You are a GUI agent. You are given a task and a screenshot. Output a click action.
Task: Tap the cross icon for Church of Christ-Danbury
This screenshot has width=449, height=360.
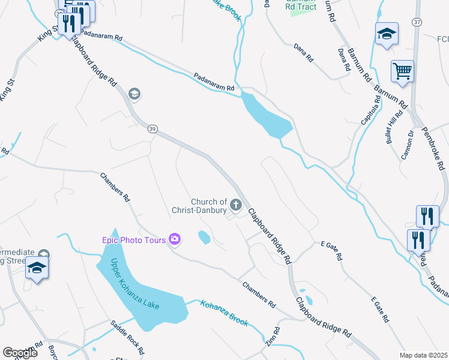point(236,206)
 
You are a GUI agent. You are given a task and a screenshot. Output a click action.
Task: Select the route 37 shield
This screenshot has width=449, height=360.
point(417,22)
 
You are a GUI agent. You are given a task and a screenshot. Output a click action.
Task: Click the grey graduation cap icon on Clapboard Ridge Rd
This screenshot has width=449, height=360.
point(134,94)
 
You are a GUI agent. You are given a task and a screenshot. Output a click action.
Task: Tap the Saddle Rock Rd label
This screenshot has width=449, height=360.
point(128,337)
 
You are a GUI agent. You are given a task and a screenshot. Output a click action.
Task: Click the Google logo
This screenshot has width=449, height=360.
point(20,353)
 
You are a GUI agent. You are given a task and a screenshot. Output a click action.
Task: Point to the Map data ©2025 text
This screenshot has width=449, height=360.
point(423,355)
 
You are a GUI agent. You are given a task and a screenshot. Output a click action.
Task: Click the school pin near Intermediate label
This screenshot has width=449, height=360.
point(37,268)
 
